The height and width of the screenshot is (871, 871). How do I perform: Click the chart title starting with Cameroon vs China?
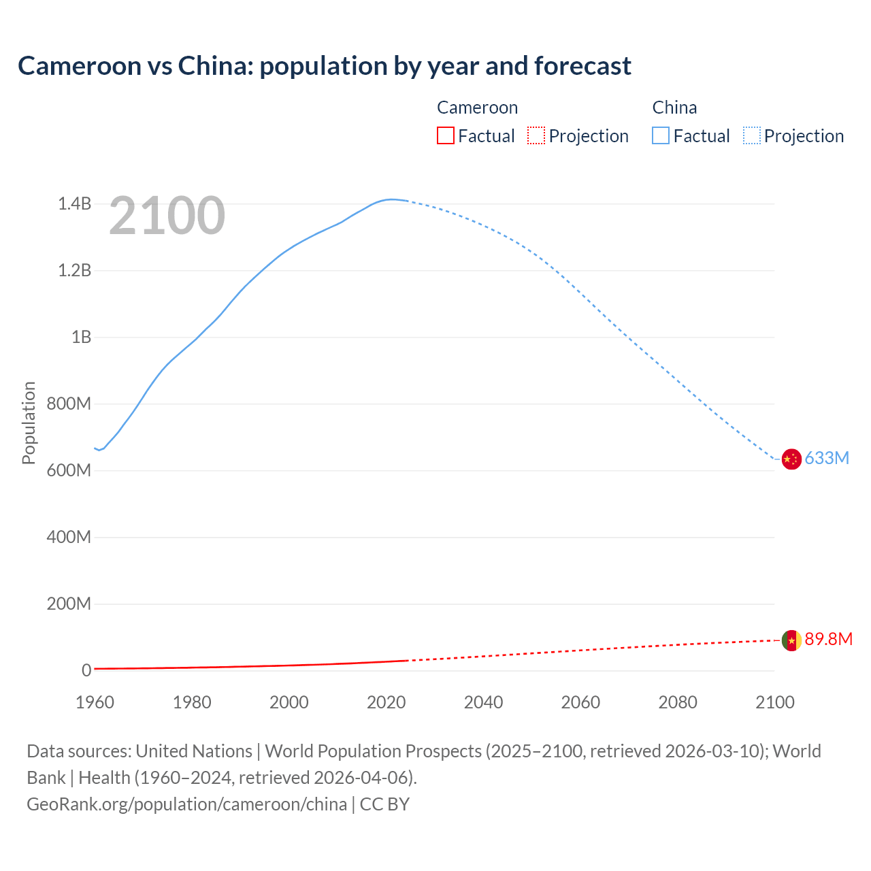point(325,66)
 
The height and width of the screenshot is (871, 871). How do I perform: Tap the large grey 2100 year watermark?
point(167,216)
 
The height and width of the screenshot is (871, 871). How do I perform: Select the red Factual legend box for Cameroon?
point(445,136)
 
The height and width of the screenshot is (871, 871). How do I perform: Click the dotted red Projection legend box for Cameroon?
point(536,136)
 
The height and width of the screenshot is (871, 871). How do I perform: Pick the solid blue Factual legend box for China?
point(661,136)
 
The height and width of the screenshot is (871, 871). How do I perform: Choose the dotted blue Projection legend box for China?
point(752,136)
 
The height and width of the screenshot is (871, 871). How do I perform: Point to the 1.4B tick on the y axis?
point(74,204)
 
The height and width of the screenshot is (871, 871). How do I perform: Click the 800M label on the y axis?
point(69,404)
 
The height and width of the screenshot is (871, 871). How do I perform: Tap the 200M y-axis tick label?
point(69,604)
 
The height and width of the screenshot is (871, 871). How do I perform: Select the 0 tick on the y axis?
point(86,671)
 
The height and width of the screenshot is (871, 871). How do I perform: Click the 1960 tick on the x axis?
point(95,702)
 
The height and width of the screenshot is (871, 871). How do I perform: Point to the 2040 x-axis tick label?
point(483,702)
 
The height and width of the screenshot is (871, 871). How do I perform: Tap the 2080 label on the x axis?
point(678,702)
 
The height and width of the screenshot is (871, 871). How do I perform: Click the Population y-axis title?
point(29,423)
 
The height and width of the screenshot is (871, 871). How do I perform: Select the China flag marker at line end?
point(791,459)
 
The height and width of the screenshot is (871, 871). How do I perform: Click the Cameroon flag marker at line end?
point(791,640)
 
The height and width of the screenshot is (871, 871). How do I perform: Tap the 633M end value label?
point(827,459)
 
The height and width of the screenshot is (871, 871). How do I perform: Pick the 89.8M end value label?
point(828,640)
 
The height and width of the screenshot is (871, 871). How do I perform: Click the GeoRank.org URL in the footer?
point(186,804)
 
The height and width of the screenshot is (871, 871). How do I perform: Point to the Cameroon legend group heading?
point(477,108)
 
